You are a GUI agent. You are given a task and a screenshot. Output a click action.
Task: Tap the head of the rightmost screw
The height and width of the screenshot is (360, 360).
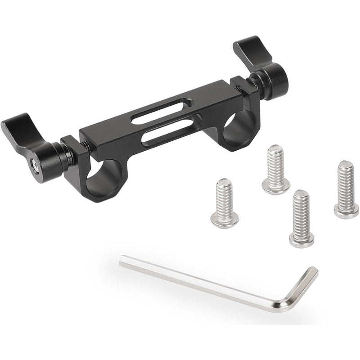coord(346,210)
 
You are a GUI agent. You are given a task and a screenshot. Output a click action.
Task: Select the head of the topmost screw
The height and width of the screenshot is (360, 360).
coord(276,186)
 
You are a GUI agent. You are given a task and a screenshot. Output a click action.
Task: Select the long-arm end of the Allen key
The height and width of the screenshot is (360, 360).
coord(123,261)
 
